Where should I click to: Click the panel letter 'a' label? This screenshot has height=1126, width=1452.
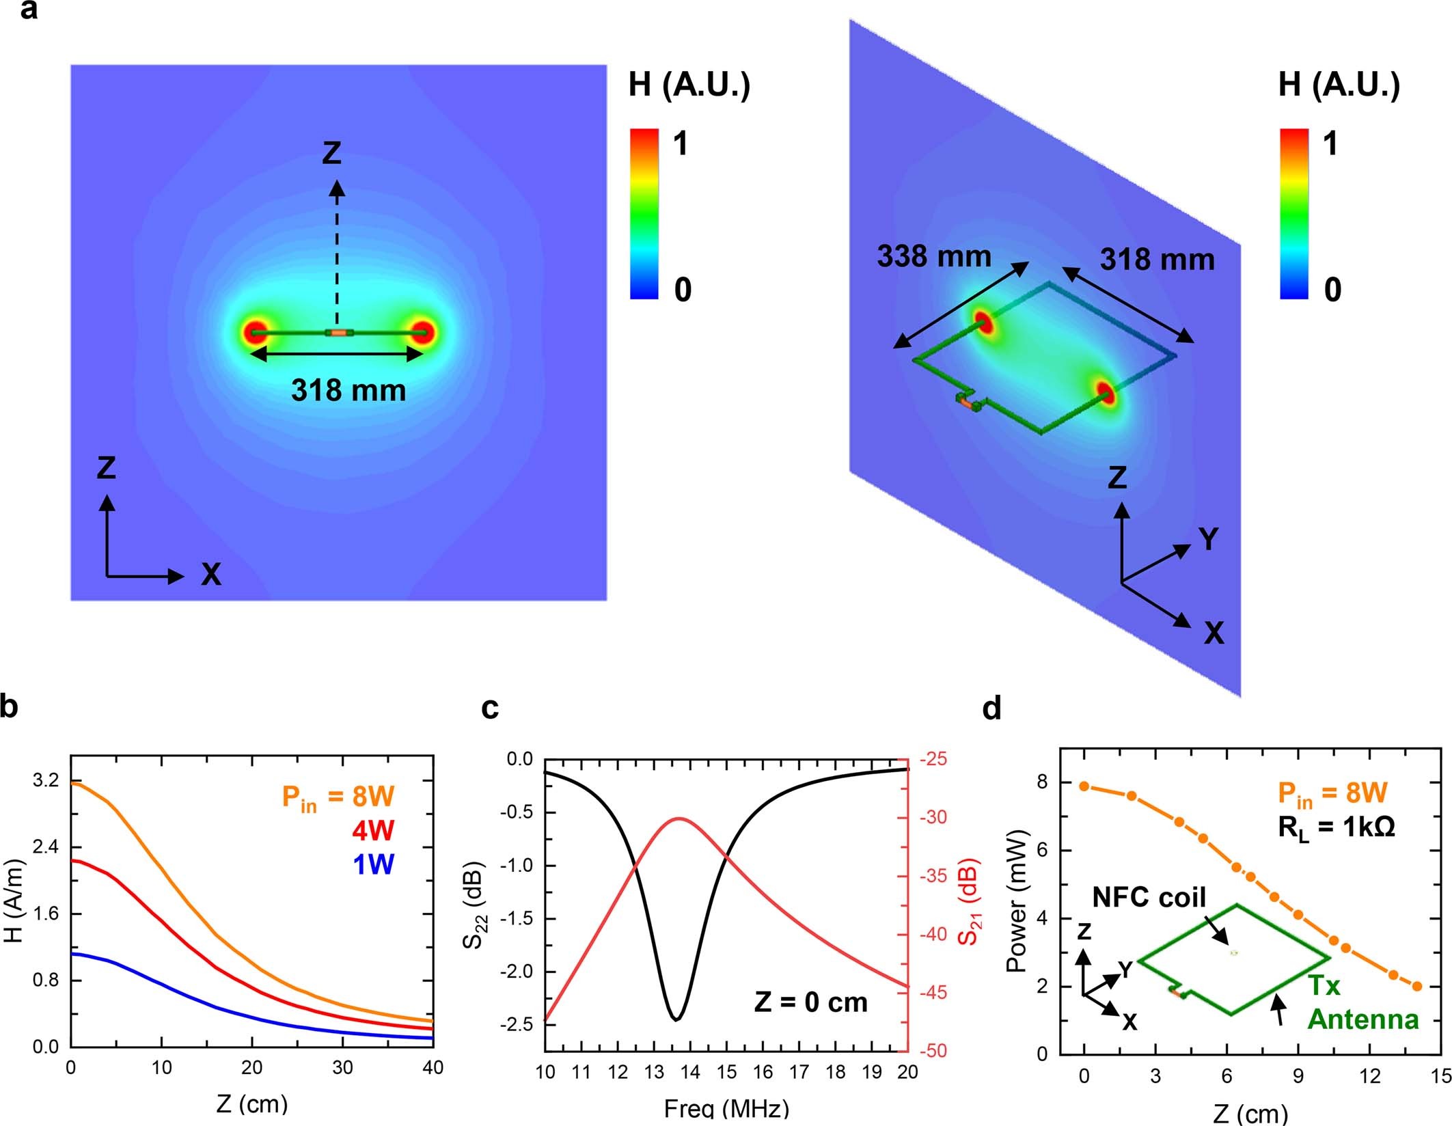coord(29,10)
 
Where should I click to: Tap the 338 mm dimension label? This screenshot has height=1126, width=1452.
coord(933,257)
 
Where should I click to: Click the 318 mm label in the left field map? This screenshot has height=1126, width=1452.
coord(348,391)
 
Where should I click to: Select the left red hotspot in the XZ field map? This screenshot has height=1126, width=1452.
coord(255,333)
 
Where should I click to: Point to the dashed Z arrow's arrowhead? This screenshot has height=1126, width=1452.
coord(336,187)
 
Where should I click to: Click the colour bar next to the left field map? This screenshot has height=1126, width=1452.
coord(644,213)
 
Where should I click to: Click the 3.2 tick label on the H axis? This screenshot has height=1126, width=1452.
coord(46,780)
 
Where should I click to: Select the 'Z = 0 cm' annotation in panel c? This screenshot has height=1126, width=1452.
coord(810,1002)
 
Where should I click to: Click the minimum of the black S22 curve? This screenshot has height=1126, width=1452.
coord(675,1019)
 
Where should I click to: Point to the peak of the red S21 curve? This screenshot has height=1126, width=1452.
coord(679,819)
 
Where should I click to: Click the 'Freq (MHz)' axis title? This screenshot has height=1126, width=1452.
coord(726,1108)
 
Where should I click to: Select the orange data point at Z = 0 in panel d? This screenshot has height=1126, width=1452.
coord(1084,786)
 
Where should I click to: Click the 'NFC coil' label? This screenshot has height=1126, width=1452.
coord(1149,897)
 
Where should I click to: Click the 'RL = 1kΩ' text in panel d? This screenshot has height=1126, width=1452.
coord(1336,828)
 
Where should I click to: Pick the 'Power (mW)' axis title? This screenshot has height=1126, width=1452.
coord(1017,901)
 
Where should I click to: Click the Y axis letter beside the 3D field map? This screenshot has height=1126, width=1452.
coord(1209,539)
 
